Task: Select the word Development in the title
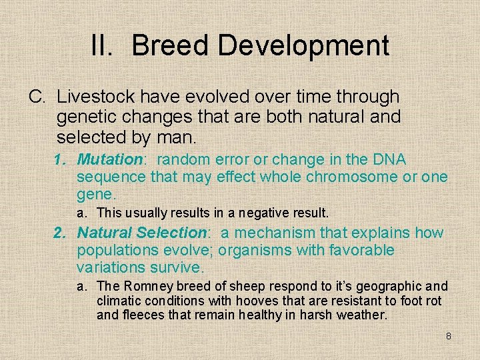click(x=303, y=45)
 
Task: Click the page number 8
click(x=448, y=336)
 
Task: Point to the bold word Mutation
click(x=110, y=160)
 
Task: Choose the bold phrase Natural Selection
click(x=141, y=233)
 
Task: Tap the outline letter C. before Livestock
click(x=37, y=97)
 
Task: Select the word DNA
click(x=390, y=160)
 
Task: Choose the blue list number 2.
click(x=60, y=233)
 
